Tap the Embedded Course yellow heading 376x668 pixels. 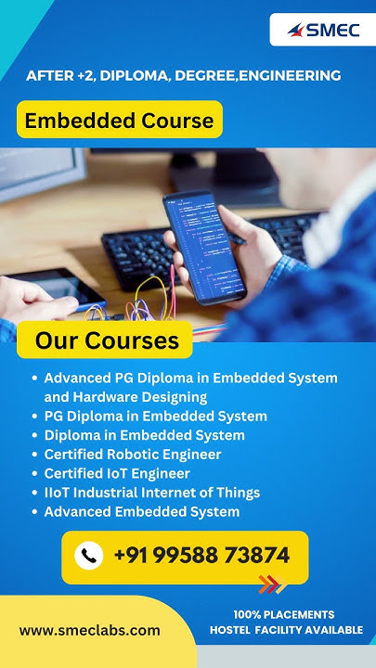point(119,120)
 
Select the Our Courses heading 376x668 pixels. point(107,340)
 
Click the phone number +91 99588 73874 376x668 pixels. point(201,556)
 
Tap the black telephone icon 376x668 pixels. point(89,556)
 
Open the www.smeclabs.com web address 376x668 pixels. point(89,630)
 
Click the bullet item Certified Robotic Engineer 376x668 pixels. point(132,455)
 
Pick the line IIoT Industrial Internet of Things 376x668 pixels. point(151,493)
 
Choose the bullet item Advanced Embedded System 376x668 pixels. point(141,511)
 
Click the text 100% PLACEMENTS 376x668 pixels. point(283,614)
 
